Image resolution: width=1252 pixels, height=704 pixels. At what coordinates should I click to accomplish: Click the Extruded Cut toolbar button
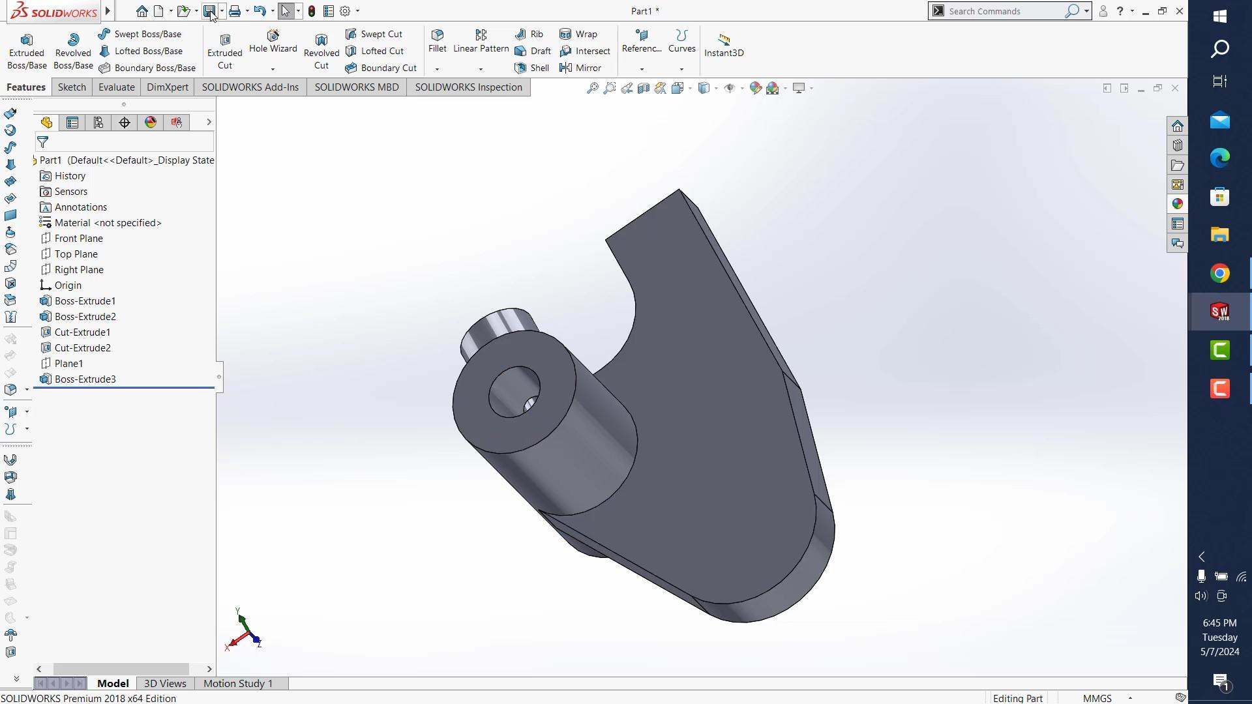[224, 51]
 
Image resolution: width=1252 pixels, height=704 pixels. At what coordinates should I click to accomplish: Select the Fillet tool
[438, 40]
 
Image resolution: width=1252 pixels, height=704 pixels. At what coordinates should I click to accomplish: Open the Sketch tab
[72, 87]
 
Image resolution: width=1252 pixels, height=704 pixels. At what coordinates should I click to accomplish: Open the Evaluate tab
[116, 87]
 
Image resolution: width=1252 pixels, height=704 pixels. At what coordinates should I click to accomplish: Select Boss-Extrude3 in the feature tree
[85, 379]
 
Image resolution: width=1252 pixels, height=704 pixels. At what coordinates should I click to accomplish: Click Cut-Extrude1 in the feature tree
[82, 332]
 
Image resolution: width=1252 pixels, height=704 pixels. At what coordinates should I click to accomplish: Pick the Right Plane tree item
[78, 270]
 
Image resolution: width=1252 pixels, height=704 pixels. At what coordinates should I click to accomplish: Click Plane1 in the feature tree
[68, 364]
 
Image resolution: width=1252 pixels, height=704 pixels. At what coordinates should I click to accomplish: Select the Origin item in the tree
[68, 286]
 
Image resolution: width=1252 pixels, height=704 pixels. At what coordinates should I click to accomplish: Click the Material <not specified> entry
[108, 223]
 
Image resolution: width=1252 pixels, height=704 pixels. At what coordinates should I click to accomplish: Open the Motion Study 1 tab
[238, 683]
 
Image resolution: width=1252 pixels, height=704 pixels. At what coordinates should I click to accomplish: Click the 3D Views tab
[165, 683]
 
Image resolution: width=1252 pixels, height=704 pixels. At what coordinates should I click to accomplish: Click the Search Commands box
[1004, 11]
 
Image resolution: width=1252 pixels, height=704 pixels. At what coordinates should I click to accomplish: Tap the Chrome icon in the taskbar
[1219, 273]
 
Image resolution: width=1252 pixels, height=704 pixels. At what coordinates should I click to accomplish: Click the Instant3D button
[724, 46]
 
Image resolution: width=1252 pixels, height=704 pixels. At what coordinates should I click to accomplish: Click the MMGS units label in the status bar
[1097, 698]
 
